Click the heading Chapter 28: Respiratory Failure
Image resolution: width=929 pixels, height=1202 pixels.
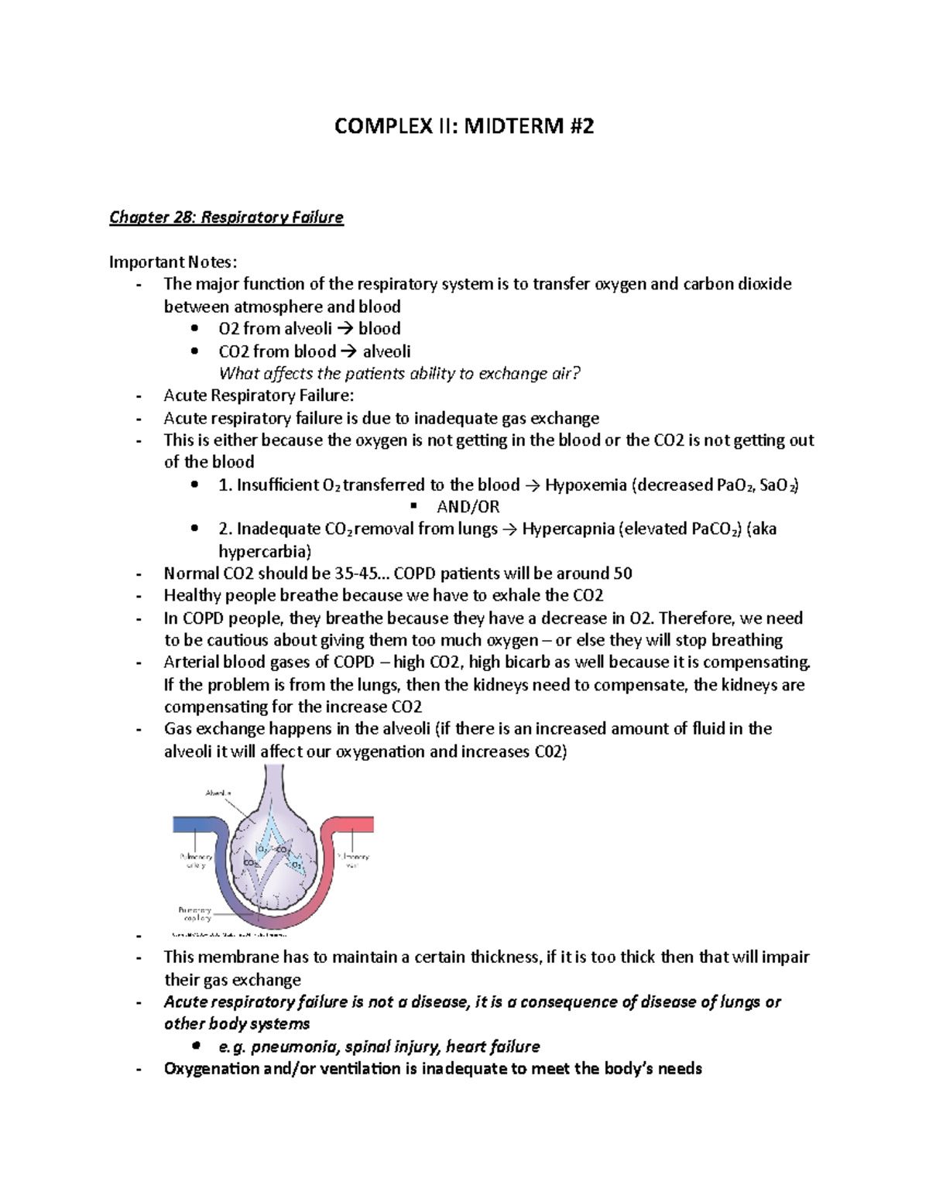[226, 217]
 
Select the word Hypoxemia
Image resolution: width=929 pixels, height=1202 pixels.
[585, 485]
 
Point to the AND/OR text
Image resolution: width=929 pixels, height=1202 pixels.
[468, 507]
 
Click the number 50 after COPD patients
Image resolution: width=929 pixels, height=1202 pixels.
[622, 574]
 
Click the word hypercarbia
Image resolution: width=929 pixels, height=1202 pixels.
[263, 552]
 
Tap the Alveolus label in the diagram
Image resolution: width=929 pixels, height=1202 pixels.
[218, 793]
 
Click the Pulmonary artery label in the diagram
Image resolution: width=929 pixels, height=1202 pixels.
[196, 861]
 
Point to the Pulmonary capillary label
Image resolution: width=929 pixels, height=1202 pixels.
[194, 914]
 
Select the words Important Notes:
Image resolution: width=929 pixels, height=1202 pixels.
[173, 262]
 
